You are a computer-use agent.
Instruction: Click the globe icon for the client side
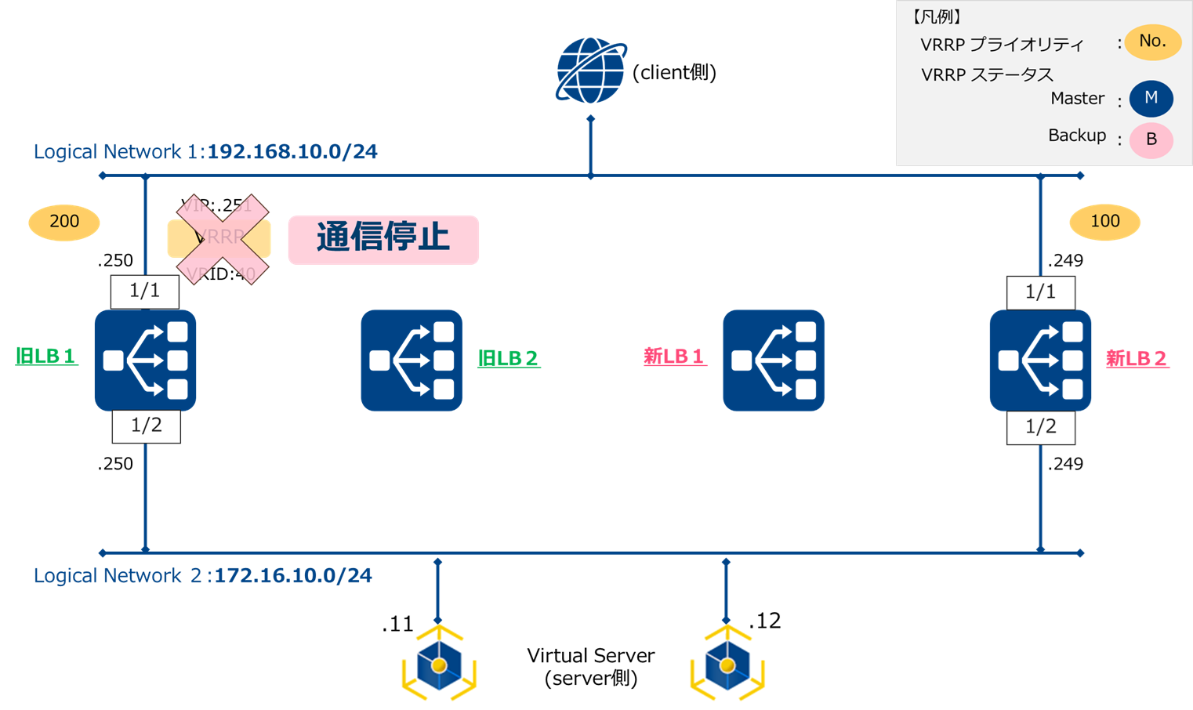click(x=590, y=71)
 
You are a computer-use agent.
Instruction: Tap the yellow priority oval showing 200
click(x=64, y=222)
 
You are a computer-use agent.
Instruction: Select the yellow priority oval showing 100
click(x=1104, y=222)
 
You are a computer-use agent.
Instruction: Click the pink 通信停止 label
click(x=383, y=239)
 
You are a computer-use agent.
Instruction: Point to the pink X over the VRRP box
click(x=223, y=238)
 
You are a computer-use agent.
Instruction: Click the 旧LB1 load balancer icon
click(x=145, y=360)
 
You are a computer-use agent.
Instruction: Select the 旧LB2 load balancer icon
click(x=412, y=360)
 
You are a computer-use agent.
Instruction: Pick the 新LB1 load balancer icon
click(x=773, y=360)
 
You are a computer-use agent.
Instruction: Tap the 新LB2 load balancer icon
click(x=1040, y=360)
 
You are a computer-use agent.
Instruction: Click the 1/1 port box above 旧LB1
click(x=145, y=292)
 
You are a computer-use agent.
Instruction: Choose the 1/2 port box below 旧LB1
click(x=147, y=426)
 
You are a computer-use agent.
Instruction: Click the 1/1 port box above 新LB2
click(x=1040, y=292)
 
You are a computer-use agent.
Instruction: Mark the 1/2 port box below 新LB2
click(x=1040, y=427)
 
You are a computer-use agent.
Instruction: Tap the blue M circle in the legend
click(x=1151, y=99)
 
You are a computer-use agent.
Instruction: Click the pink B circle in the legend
click(x=1151, y=140)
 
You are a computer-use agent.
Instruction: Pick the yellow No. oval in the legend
click(x=1152, y=42)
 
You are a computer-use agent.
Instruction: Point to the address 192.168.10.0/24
click(x=292, y=151)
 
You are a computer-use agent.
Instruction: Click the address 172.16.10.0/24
click(x=293, y=575)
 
